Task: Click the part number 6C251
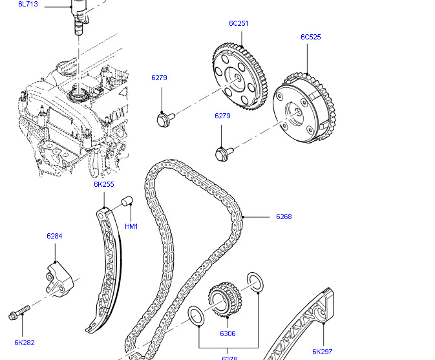pyautogui.click(x=238, y=23)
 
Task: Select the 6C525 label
pyautogui.click(x=310, y=37)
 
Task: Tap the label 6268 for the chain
pyautogui.click(x=284, y=217)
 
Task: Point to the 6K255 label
pyautogui.click(x=103, y=184)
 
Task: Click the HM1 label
pyautogui.click(x=131, y=226)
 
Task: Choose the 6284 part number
pyautogui.click(x=54, y=236)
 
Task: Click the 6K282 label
pyautogui.click(x=24, y=343)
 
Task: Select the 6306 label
pyautogui.click(x=228, y=334)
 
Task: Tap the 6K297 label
pyautogui.click(x=322, y=352)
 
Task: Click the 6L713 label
pyautogui.click(x=28, y=4)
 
